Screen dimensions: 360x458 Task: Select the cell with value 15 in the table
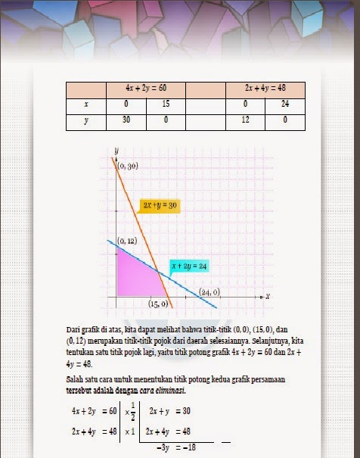pyautogui.click(x=166, y=104)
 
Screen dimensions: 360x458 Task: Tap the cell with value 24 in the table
pyautogui.click(x=285, y=104)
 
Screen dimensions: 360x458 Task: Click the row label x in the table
pyautogui.click(x=87, y=104)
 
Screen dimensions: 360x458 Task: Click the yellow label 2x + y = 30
pyautogui.click(x=160, y=205)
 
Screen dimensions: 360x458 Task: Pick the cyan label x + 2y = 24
pyautogui.click(x=189, y=266)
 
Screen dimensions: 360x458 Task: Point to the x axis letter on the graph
pyautogui.click(x=268, y=293)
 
